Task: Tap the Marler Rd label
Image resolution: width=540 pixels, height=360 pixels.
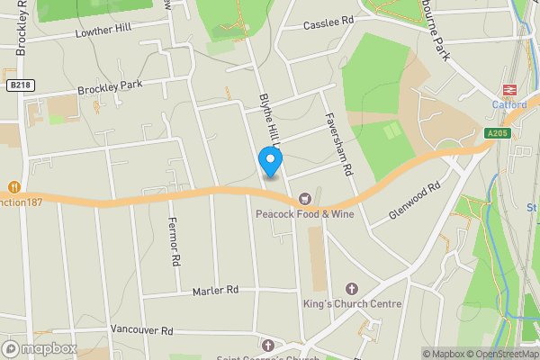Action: tap(215, 291)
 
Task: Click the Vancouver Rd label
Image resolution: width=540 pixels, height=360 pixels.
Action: tap(139, 331)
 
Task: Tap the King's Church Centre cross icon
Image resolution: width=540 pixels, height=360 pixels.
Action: tap(351, 288)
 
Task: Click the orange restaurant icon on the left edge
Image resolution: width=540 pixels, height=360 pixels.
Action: tap(13, 187)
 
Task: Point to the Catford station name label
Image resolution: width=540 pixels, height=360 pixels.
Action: tap(509, 104)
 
